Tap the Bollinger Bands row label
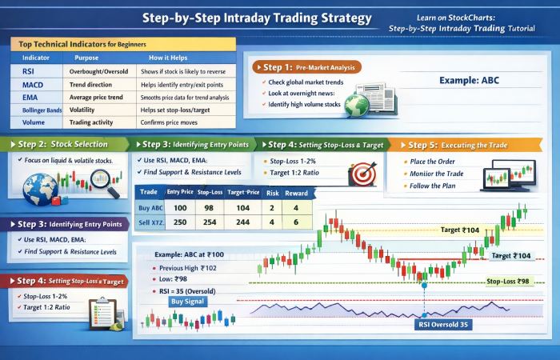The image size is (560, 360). point(37,110)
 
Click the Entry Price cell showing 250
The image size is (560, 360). point(179,222)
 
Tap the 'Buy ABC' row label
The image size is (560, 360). point(151,207)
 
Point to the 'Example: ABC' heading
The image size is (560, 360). point(469,81)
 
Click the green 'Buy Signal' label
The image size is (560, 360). point(188,302)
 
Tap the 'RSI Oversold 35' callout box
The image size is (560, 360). point(442,325)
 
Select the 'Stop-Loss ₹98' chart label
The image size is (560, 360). point(509,282)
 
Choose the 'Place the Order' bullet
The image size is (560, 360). point(437,162)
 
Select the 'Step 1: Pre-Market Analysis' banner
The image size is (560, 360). point(306,68)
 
